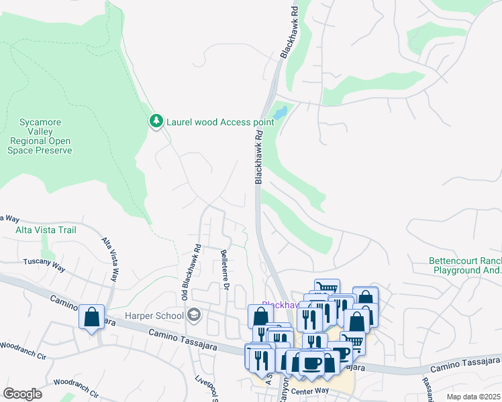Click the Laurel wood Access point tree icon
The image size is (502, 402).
[156, 121]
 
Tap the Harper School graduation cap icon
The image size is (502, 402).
[194, 315]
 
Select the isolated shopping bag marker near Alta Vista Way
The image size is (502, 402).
[91, 317]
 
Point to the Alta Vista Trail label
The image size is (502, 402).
[46, 230]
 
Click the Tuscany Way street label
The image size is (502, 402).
[44, 265]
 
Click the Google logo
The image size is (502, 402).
[22, 394]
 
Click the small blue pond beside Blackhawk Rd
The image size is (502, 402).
[280, 113]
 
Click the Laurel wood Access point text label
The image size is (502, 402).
[220, 122]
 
